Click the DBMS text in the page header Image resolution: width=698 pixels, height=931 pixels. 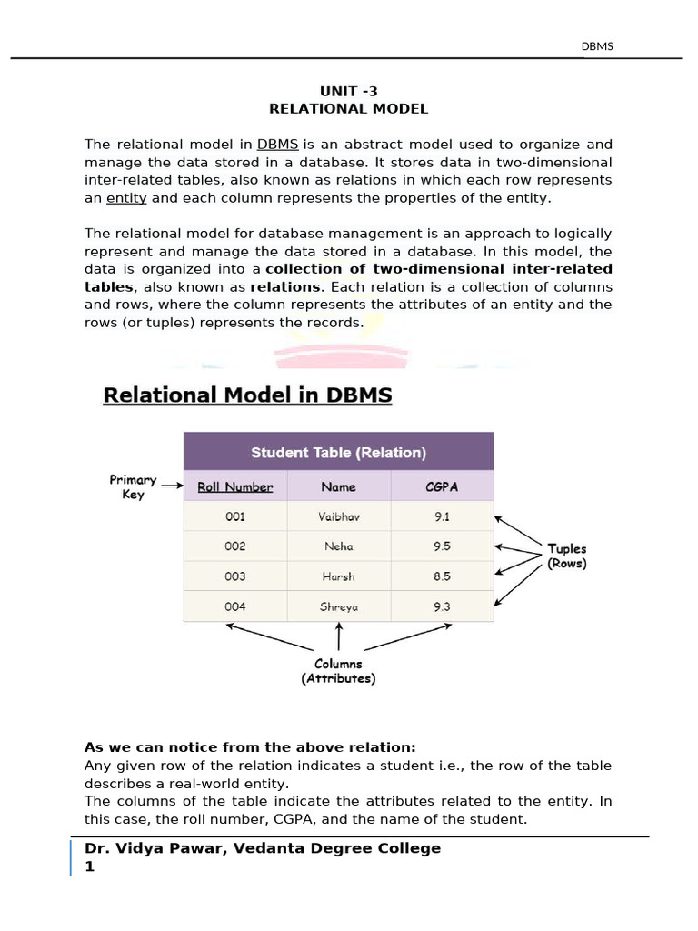point(597,46)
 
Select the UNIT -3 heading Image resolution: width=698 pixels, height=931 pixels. point(348,91)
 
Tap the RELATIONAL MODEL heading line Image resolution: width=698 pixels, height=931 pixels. point(348,109)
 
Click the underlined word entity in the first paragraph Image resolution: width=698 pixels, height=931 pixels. point(126,198)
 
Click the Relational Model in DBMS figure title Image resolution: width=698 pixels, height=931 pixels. point(247,396)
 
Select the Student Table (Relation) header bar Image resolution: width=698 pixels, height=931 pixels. point(338,452)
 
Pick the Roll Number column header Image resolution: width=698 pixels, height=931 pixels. point(234,487)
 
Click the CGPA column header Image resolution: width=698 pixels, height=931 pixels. point(442,487)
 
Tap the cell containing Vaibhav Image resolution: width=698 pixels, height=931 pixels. point(339,516)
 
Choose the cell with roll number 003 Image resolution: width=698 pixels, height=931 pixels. point(234,576)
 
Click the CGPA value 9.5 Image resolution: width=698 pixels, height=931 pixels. point(442,546)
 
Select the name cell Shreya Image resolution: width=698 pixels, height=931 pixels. point(339,606)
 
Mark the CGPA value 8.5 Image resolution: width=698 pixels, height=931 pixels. point(442,576)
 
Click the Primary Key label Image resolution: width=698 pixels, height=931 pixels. point(133,487)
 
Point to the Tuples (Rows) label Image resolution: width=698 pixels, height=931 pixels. point(566,556)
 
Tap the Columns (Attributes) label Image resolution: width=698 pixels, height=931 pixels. point(338,671)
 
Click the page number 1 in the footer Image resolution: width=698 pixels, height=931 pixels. point(89,866)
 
